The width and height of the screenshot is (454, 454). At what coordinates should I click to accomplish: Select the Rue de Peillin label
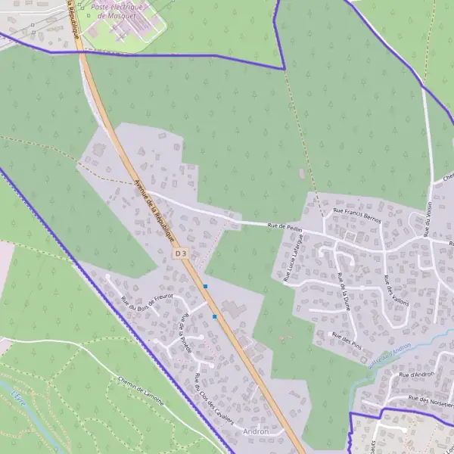point(285,225)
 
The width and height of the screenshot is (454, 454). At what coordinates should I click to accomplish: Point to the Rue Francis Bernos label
point(357,215)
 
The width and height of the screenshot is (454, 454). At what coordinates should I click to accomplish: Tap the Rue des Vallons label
point(396,291)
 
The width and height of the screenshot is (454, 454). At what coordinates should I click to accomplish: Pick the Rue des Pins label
point(347,339)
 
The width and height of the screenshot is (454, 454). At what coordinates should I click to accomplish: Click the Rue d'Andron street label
point(415,375)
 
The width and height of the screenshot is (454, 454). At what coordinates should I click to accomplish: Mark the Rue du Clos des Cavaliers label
point(212,400)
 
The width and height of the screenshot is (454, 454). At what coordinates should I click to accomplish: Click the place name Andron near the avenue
point(256,431)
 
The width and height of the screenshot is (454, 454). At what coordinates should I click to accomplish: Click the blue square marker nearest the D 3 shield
point(205,286)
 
